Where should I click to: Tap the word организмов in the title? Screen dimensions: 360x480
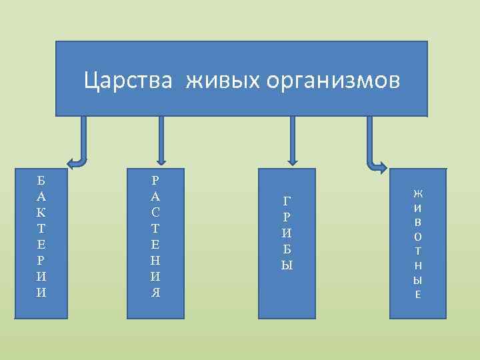click(333, 81)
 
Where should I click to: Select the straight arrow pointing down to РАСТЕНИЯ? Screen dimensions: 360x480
click(160, 140)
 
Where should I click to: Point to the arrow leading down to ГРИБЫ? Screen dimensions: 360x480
click(291, 140)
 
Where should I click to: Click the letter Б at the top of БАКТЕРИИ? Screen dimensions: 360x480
click(41, 180)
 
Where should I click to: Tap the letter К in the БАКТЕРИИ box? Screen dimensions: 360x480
click(41, 212)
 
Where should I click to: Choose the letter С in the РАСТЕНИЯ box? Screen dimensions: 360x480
click(155, 212)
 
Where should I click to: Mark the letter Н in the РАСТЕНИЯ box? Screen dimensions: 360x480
click(155, 260)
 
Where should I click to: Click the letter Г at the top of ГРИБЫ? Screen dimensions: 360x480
click(287, 201)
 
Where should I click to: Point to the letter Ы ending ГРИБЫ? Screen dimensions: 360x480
click(287, 265)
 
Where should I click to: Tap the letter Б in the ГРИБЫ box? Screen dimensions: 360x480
click(287, 249)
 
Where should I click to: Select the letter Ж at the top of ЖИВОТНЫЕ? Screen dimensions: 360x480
click(418, 194)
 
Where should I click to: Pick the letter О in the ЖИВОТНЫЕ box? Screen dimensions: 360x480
click(418, 236)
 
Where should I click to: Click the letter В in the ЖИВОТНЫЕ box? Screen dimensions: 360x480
click(418, 222)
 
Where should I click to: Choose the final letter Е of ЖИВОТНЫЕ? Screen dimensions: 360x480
click(418, 293)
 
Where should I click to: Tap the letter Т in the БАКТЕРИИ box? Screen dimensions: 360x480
click(41, 228)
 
